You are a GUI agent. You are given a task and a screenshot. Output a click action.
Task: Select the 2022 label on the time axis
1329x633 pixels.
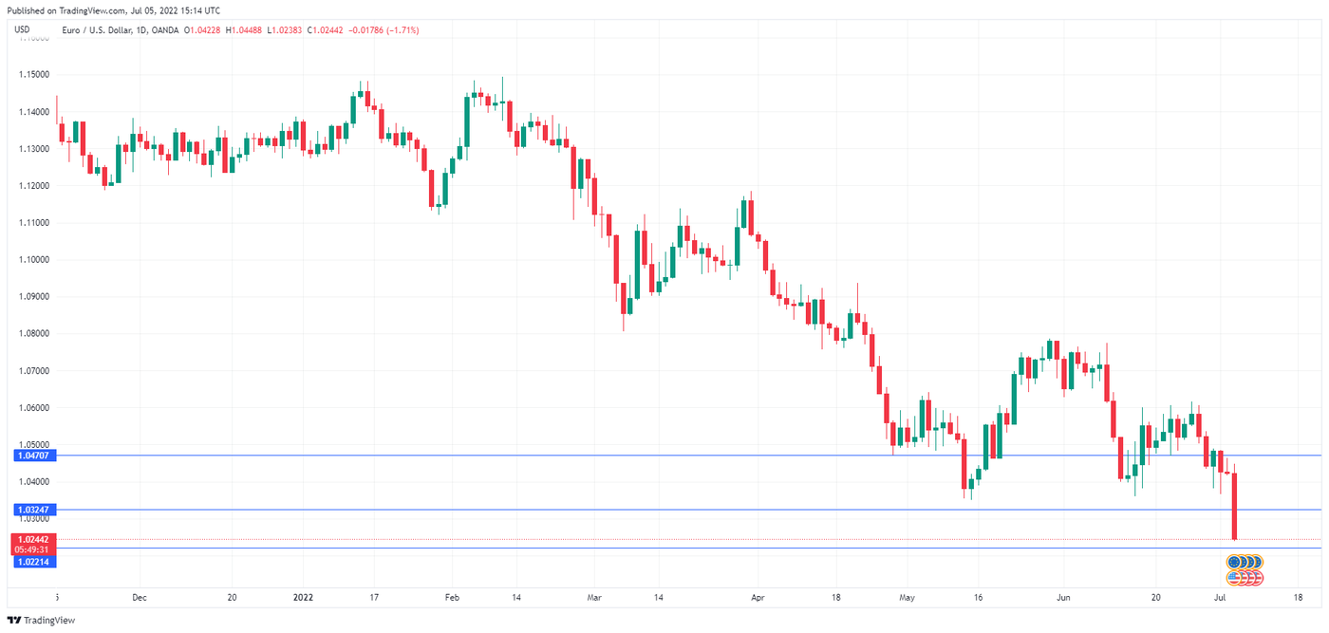(x=303, y=598)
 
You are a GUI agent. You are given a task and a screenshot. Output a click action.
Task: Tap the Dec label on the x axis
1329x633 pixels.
(x=140, y=598)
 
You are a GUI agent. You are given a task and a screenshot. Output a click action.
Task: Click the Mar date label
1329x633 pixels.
(x=594, y=598)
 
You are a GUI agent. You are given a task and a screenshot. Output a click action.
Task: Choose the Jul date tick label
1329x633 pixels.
(x=1222, y=598)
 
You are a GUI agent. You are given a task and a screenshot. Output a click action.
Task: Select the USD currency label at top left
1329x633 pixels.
(x=23, y=30)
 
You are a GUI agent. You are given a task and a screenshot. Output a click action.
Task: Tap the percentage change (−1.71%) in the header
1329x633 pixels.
(x=399, y=30)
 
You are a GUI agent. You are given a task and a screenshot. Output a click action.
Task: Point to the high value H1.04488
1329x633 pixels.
(x=253, y=30)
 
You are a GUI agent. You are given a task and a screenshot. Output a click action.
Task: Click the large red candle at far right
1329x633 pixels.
(x=1235, y=506)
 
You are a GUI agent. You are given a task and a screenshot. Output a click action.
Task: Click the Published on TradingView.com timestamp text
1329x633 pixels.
(x=112, y=10)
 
